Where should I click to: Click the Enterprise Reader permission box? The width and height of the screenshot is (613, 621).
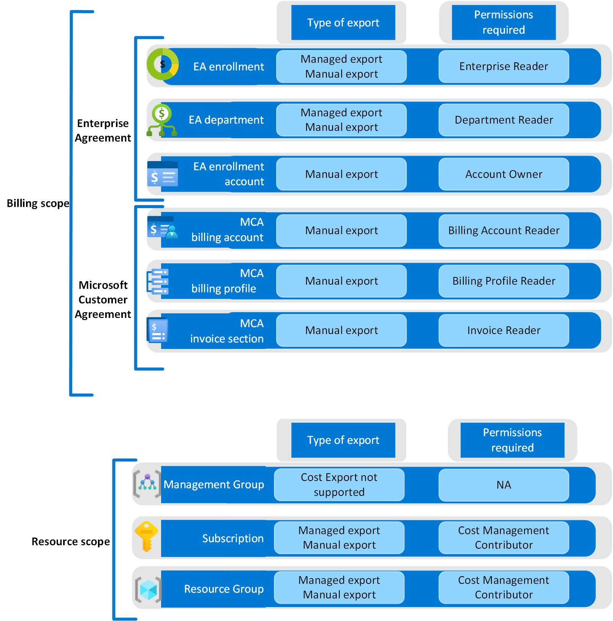pyautogui.click(x=504, y=67)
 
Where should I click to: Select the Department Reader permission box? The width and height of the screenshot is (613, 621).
pyautogui.click(x=504, y=120)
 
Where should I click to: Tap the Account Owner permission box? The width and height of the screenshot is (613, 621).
pyautogui.click(x=504, y=174)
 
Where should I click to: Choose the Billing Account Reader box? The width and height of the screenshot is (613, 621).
pyautogui.click(x=504, y=230)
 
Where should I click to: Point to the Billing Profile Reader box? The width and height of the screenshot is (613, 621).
pyautogui.click(x=504, y=281)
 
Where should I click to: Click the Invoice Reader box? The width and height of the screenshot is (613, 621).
pyautogui.click(x=504, y=331)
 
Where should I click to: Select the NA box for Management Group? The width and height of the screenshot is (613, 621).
pyautogui.click(x=504, y=485)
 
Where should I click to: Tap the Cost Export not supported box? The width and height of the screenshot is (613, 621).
pyautogui.click(x=339, y=485)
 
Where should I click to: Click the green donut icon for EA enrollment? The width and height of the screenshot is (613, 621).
pyautogui.click(x=163, y=64)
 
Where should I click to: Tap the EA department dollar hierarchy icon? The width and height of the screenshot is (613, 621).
pyautogui.click(x=162, y=120)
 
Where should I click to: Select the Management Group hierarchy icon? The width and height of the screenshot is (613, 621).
pyautogui.click(x=148, y=484)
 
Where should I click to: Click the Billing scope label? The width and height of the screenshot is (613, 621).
pyautogui.click(x=38, y=204)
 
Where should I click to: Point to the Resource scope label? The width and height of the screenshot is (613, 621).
pyautogui.click(x=71, y=542)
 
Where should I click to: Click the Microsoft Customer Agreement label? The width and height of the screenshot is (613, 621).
pyautogui.click(x=103, y=300)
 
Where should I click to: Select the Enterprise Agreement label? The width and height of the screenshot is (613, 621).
pyautogui.click(x=103, y=130)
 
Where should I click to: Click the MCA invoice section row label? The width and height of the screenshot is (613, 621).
pyautogui.click(x=227, y=331)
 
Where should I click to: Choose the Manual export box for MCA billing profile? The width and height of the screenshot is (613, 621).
pyautogui.click(x=341, y=281)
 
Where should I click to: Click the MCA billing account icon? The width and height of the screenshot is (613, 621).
pyautogui.click(x=163, y=228)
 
